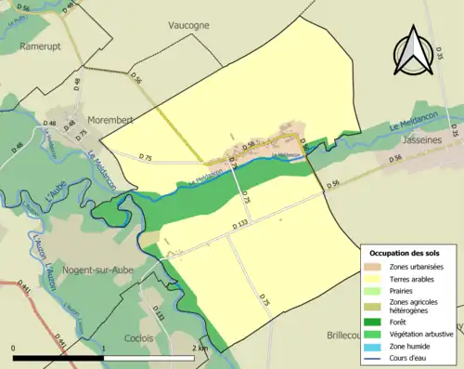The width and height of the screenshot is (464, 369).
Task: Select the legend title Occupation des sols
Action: coord(406,253)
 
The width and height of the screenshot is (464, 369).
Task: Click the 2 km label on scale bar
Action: coord(200,349)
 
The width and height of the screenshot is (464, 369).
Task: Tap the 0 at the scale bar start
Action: coord(14,349)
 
